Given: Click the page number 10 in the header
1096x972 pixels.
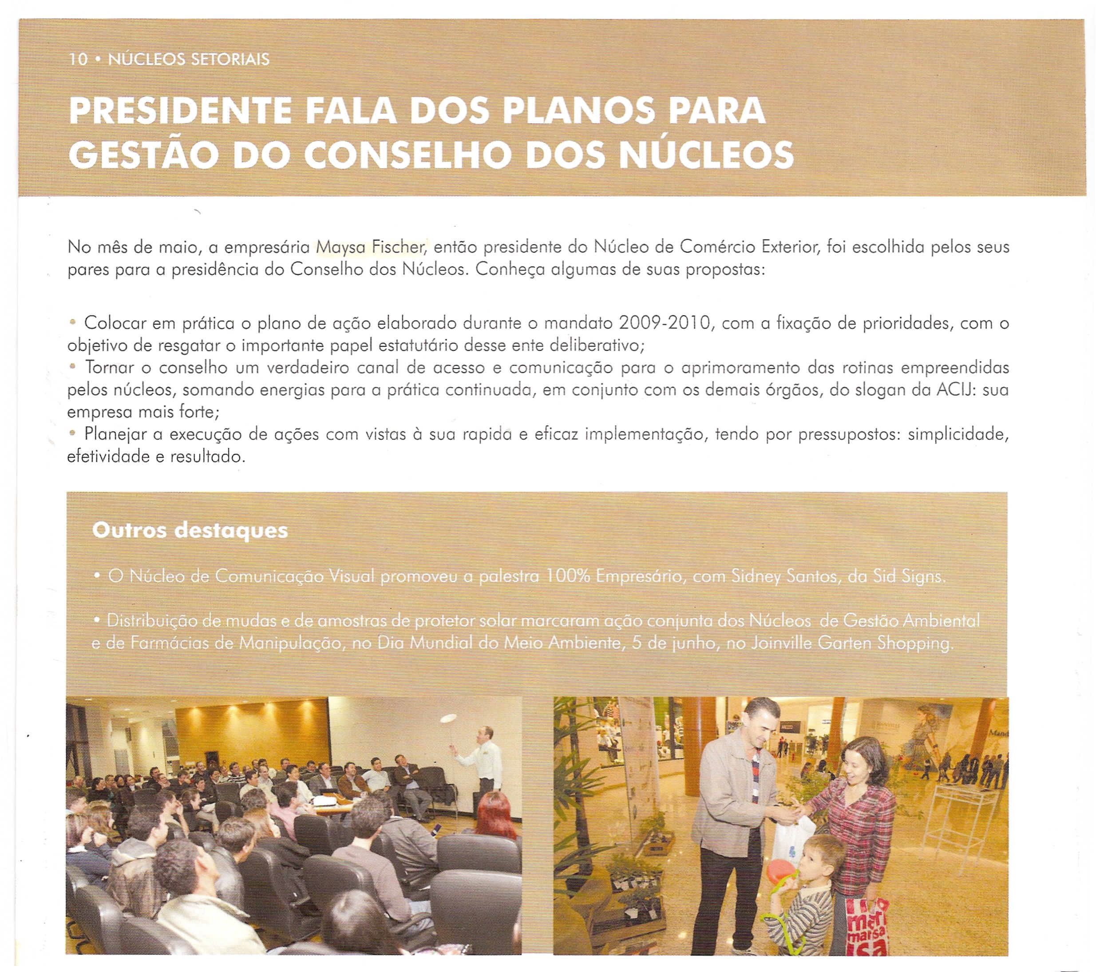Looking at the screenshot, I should tap(78, 59).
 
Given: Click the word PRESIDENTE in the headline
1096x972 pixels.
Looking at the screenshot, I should tap(180, 111).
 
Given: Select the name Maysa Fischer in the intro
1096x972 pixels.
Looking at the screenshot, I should tap(371, 247).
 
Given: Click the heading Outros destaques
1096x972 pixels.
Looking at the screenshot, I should tap(190, 531).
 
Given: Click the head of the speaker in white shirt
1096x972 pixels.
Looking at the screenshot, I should tap(484, 734).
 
